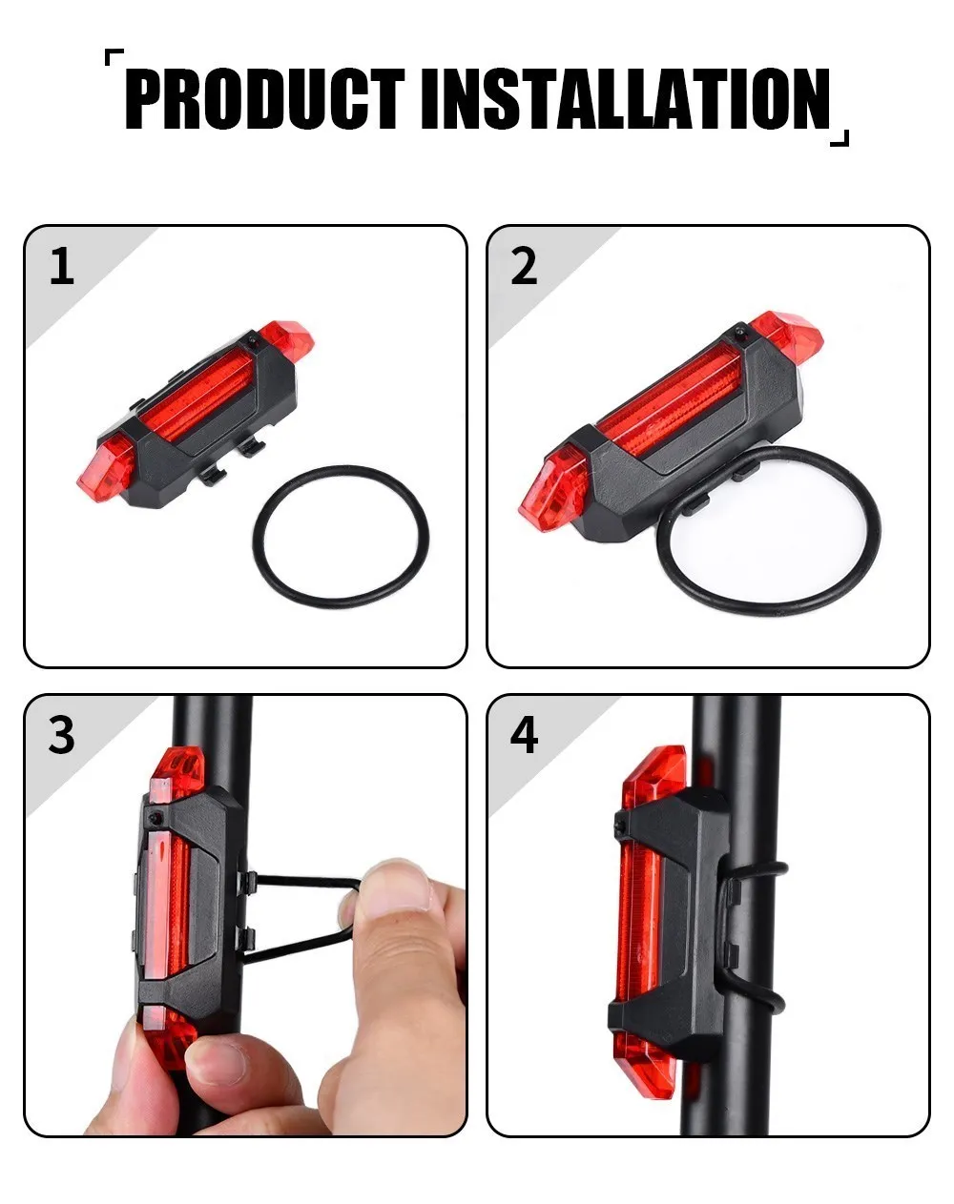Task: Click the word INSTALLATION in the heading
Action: pyautogui.click(x=626, y=99)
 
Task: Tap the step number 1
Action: pyautogui.click(x=62, y=266)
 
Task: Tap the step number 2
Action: pyautogui.click(x=524, y=266)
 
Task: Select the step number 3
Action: pyautogui.click(x=62, y=735)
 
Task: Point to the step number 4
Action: pyautogui.click(x=524, y=735)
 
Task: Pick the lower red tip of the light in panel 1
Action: pyautogui.click(x=105, y=475)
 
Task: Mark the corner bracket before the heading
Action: pyautogui.click(x=114, y=57)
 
